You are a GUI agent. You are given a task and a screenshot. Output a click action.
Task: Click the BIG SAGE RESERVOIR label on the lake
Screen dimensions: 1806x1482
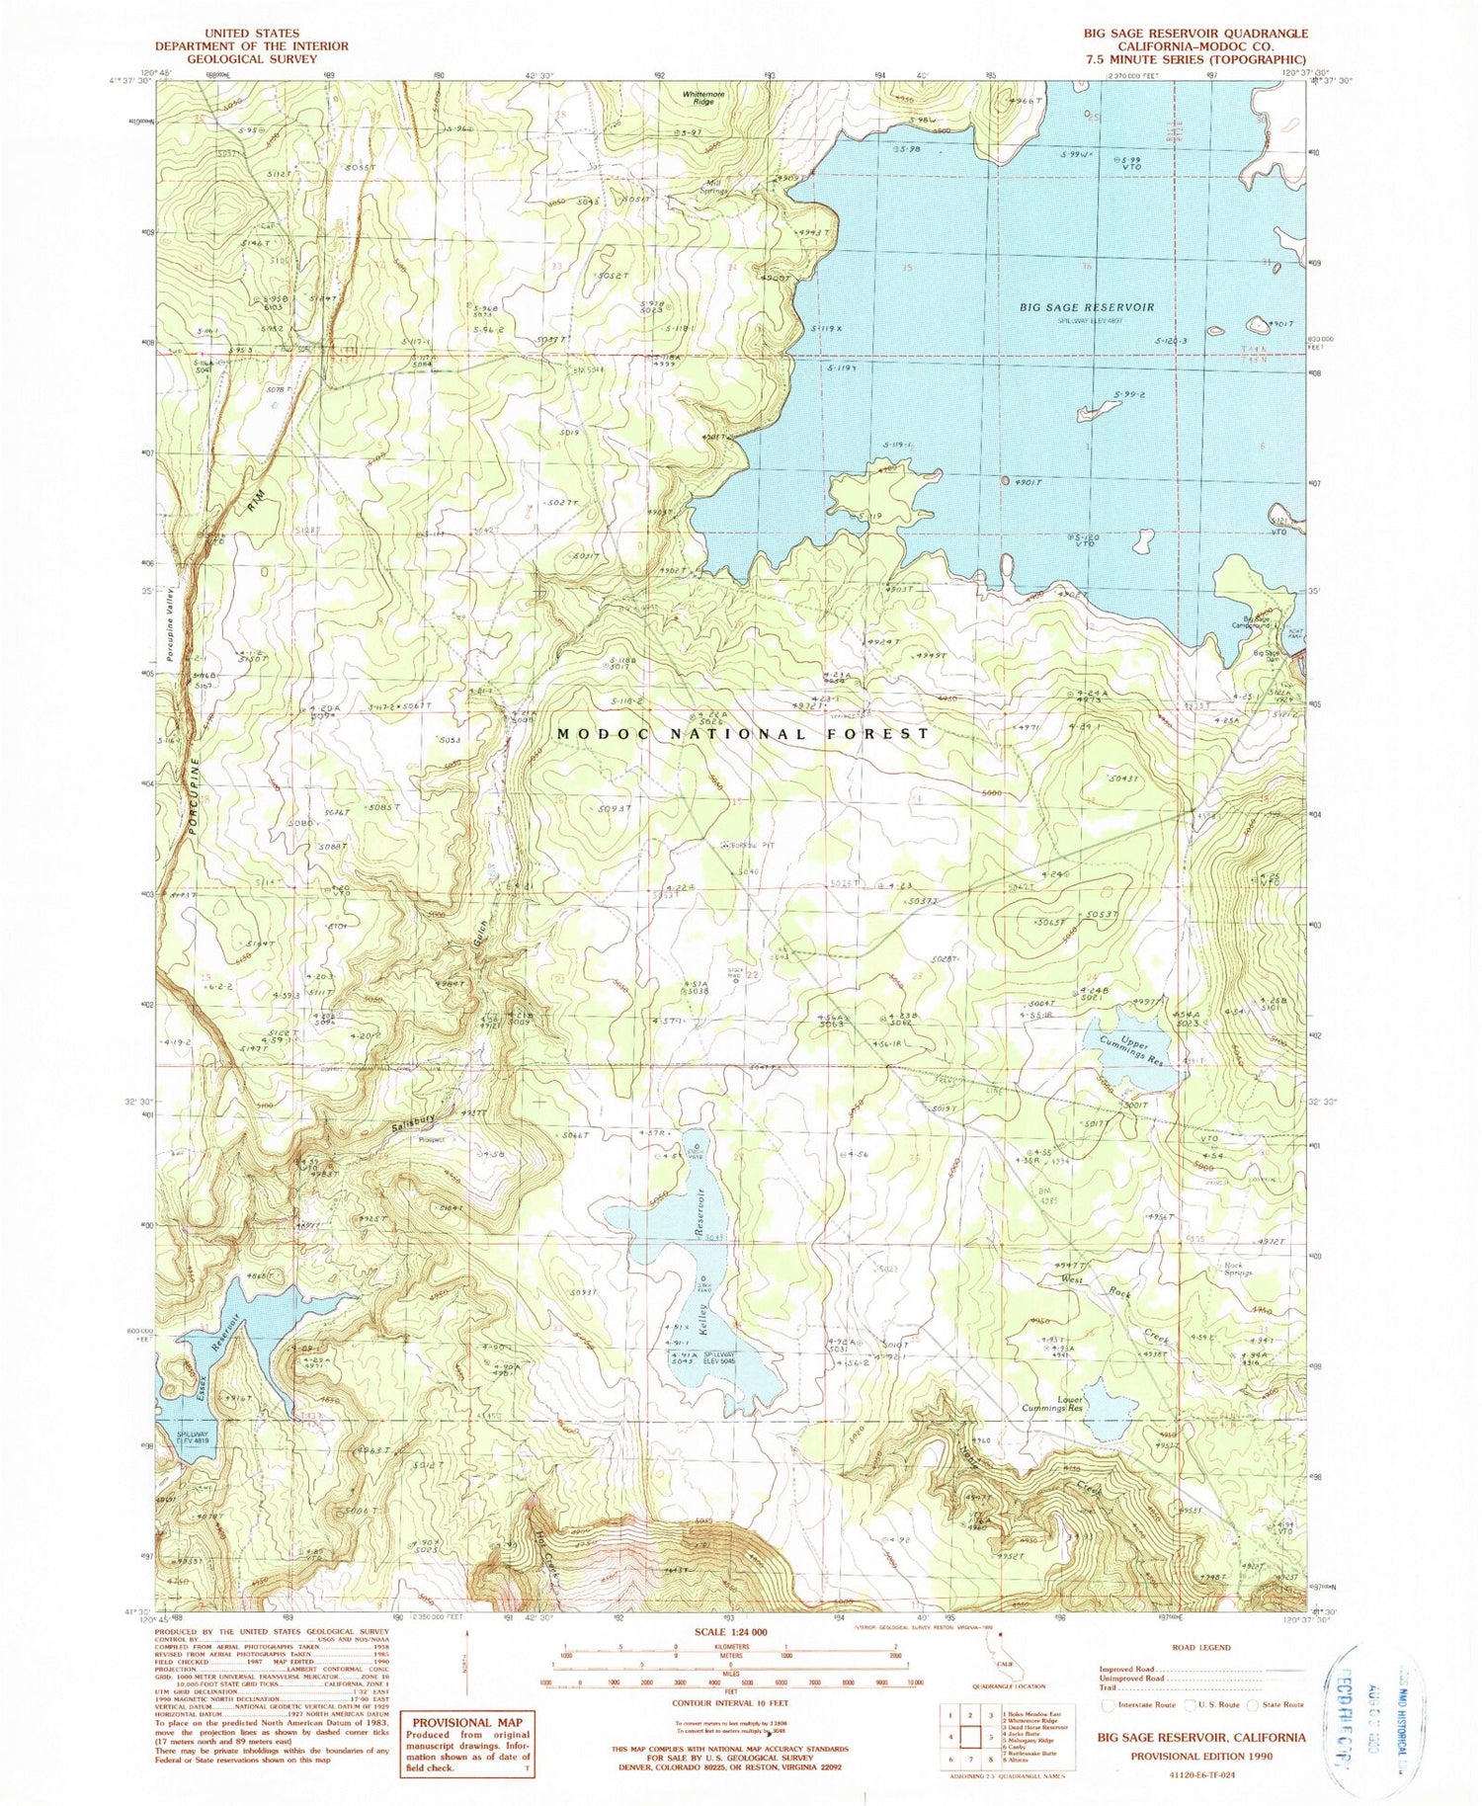[1087, 307]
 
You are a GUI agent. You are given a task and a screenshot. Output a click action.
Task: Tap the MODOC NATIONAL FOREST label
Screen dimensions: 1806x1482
[743, 734]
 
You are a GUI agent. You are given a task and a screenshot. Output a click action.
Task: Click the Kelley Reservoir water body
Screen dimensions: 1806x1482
[692, 1274]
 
